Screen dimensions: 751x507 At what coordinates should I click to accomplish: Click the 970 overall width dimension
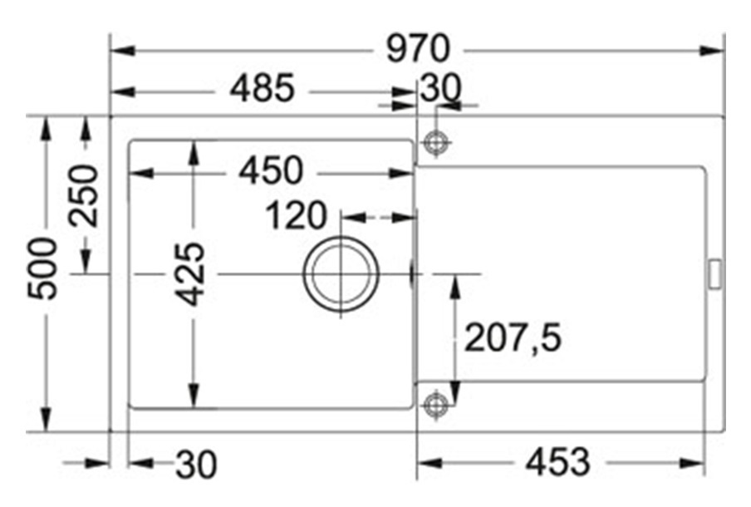coord(418,48)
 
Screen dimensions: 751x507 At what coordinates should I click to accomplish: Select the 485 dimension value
coord(262,88)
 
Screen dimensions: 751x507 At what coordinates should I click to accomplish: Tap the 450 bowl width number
coord(271,170)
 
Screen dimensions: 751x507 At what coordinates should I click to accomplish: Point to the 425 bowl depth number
coord(189,274)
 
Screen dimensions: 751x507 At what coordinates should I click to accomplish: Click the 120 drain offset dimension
coord(296,215)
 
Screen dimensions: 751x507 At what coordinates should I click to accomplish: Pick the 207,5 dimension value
coord(513,337)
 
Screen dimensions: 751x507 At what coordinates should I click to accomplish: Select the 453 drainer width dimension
coord(557,462)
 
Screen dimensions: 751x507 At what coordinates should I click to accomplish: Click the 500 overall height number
coord(42,268)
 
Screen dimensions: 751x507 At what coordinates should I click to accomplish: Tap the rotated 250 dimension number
coord(83,195)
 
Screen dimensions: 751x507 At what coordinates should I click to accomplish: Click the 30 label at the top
coord(440,87)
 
